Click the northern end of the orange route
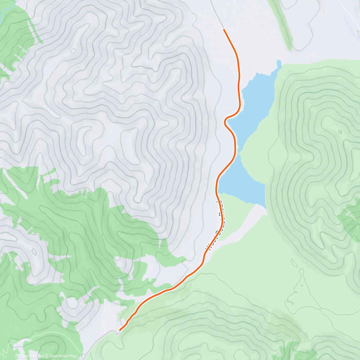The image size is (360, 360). tap(224, 29)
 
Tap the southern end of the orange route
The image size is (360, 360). tap(120, 330)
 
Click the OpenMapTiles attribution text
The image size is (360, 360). tap(31, 356)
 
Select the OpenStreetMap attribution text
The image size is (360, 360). tap(63, 356)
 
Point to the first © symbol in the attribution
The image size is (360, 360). tap(16, 356)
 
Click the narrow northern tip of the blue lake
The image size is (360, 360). tap(279, 62)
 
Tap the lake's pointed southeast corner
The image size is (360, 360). tap(265, 207)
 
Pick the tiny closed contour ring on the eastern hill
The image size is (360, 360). tap(340, 132)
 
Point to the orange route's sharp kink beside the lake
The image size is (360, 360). tap(225, 121)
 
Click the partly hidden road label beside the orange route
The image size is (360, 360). tap(217, 225)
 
